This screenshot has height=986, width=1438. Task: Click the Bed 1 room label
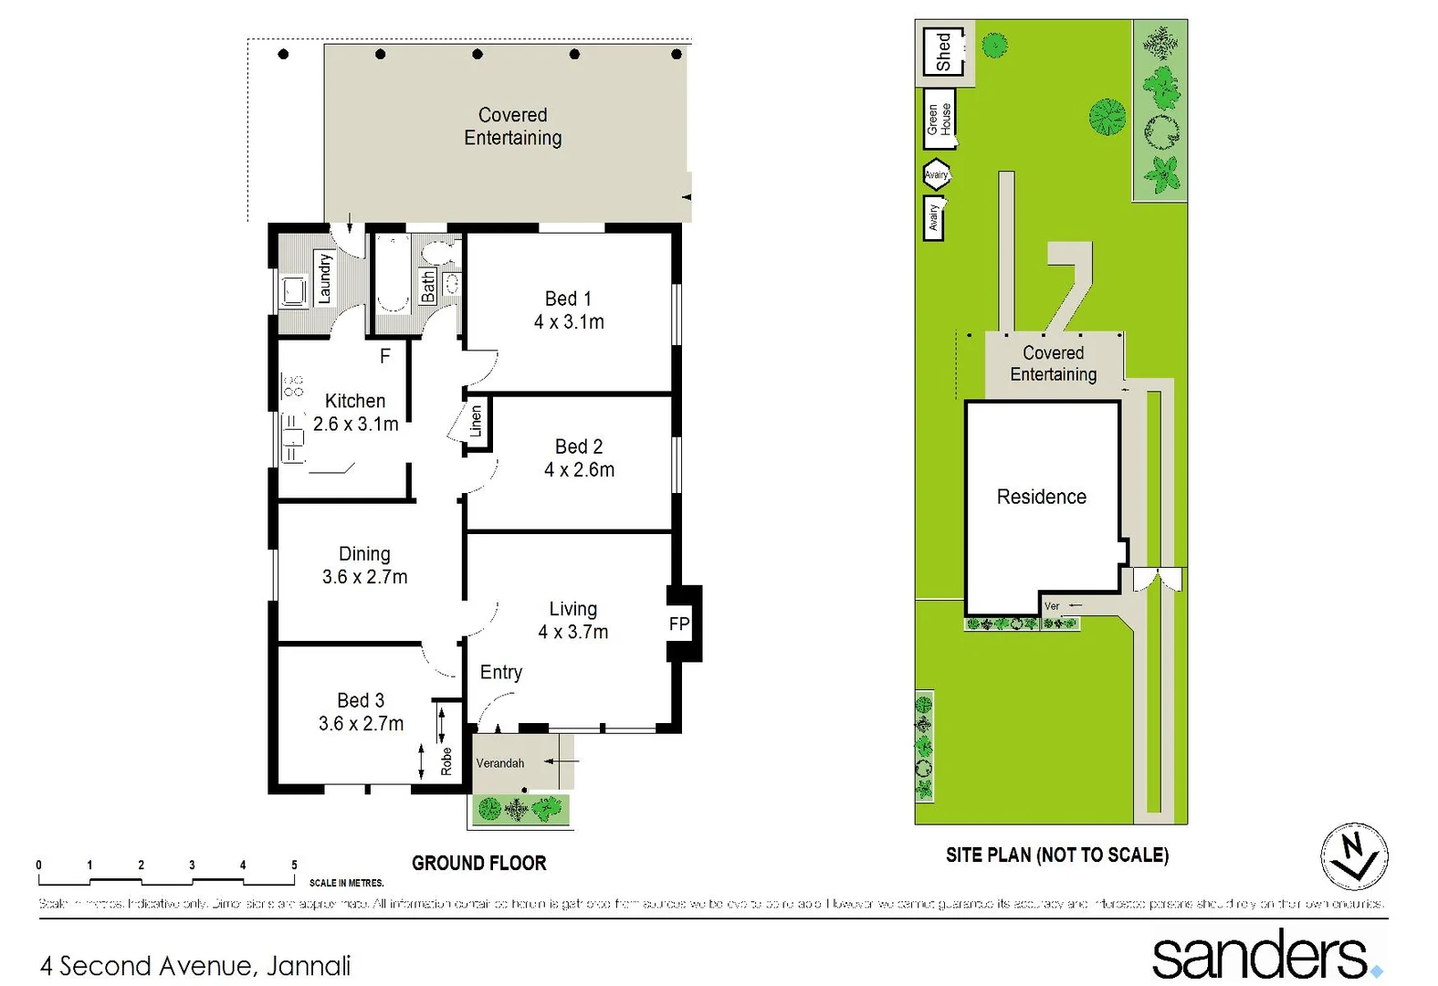pos(568,299)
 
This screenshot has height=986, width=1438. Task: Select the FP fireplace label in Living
pos(679,624)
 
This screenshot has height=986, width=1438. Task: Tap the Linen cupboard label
pos(476,421)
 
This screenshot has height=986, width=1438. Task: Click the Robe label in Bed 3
pos(446,760)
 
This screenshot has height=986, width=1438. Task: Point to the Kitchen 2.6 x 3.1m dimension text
pos(355,425)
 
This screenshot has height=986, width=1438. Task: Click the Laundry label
pos(324,278)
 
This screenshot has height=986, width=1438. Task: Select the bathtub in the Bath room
pos(394,273)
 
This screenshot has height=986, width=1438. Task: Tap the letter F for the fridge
pos(385,355)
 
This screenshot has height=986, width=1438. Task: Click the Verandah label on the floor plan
pos(500,763)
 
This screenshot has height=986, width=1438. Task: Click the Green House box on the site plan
pos(939,119)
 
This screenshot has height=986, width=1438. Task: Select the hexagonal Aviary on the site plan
pos(936,174)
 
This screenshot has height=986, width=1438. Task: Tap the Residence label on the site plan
pos(1041,497)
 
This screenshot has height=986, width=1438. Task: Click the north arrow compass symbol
pos(1355,856)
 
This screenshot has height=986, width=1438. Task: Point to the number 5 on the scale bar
pos(294,865)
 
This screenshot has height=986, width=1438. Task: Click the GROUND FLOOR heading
pos(478,864)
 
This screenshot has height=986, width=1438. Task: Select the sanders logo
pos(1264,955)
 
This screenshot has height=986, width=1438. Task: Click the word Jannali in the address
pos(309,966)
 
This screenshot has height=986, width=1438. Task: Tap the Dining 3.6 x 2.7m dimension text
pos(364,577)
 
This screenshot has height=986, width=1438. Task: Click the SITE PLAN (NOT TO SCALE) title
pos(1056,855)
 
